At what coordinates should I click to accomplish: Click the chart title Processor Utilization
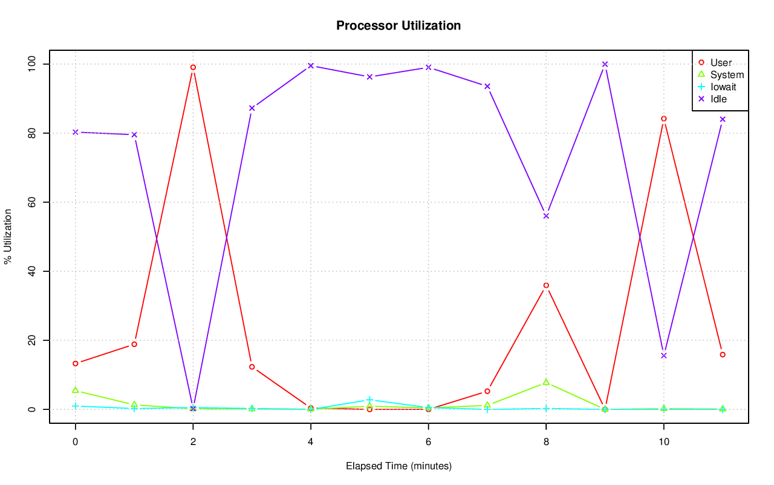398,25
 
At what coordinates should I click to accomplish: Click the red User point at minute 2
193,67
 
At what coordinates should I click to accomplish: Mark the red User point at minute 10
663,119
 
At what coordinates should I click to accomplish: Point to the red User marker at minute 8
546,285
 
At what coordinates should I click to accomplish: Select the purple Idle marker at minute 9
605,64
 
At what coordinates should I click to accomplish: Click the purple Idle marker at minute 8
546,216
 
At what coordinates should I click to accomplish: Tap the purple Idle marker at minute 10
663,355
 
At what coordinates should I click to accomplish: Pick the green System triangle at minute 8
546,382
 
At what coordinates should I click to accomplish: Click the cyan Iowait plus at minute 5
369,400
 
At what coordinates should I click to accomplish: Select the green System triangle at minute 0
75,390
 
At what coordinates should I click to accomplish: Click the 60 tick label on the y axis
33,202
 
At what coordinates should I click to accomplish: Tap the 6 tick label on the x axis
428,442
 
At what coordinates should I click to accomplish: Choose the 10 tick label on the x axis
663,442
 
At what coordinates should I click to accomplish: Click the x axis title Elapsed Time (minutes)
398,466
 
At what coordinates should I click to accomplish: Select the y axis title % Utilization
8,236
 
